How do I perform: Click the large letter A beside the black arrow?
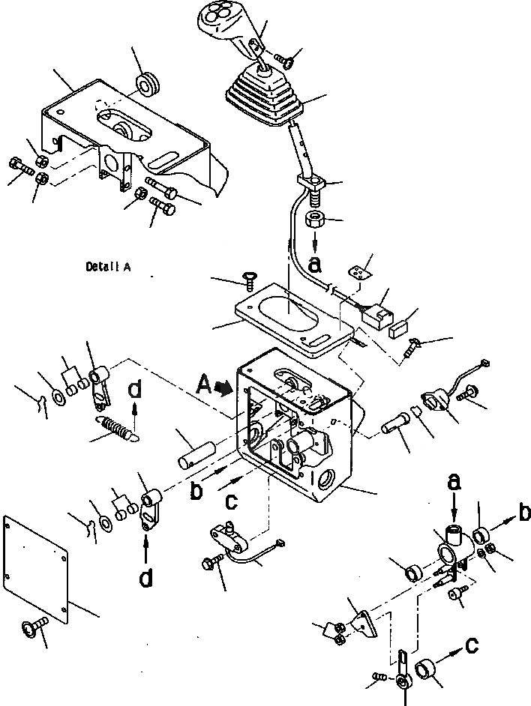click(x=202, y=384)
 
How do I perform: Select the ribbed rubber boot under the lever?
click(x=262, y=97)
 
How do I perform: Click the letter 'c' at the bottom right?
click(x=469, y=646)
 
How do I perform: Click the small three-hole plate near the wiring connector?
click(x=362, y=268)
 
